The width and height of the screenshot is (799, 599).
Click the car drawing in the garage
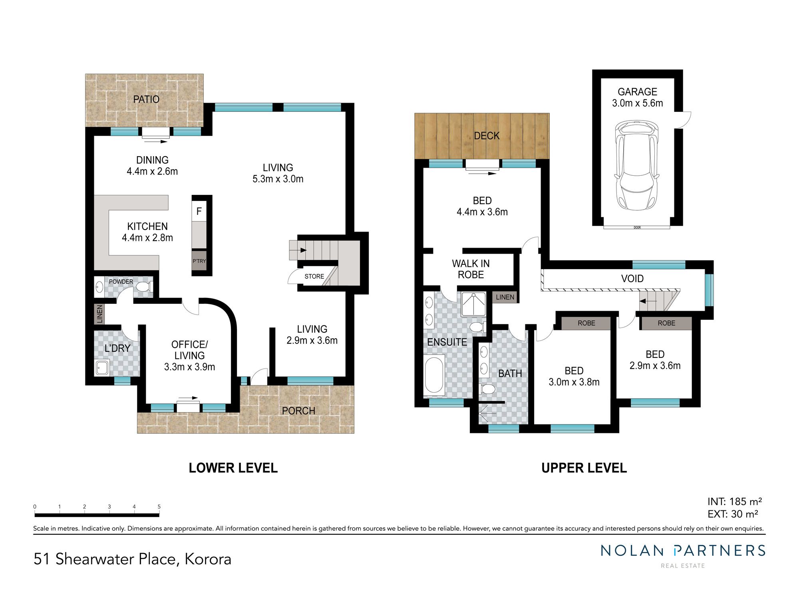coord(637,166)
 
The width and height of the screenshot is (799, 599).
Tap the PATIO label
coord(146,99)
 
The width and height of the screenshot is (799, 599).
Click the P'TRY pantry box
coord(199,261)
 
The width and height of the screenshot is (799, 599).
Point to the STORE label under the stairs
coord(314,276)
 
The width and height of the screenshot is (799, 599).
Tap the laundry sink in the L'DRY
coord(102,367)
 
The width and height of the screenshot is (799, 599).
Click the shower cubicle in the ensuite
coord(473,304)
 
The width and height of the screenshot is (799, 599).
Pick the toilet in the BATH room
coord(487,389)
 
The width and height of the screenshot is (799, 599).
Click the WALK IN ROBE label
coord(471,269)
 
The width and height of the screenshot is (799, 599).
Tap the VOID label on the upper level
coord(632,278)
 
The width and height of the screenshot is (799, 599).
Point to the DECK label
coord(487,136)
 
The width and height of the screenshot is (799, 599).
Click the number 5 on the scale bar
coord(159,507)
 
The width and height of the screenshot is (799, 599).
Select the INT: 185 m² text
coord(735,502)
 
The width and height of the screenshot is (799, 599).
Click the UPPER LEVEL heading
coord(584,468)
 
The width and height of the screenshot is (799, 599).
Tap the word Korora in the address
coord(208,559)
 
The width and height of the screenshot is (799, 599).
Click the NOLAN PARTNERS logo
coord(683,555)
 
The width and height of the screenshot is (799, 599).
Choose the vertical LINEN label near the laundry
coord(99,314)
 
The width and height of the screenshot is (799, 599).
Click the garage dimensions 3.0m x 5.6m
coord(637,103)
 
